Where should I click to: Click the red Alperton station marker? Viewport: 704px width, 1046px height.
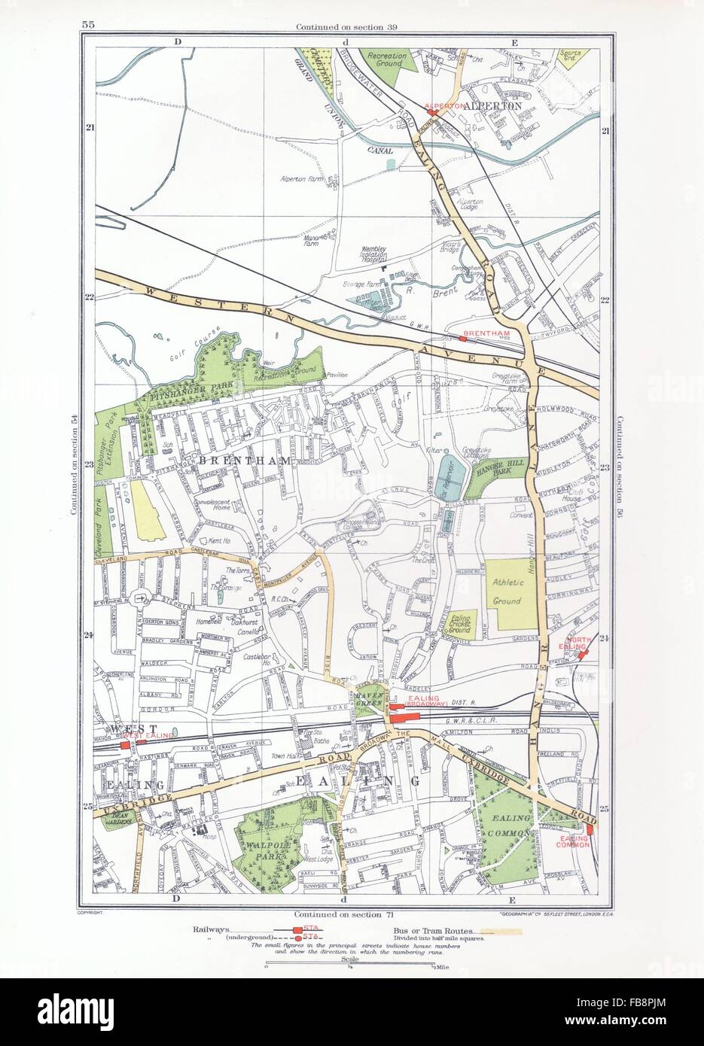point(432,113)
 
